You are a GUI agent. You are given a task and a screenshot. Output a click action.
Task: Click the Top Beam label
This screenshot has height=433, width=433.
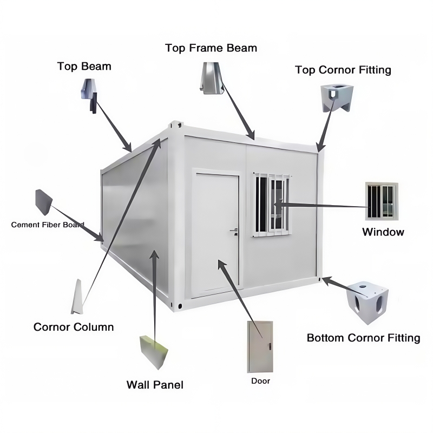coord(84,67)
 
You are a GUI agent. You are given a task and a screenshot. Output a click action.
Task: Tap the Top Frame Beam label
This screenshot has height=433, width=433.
coord(211,48)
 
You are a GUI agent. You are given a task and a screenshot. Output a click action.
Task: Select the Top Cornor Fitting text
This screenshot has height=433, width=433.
coord(343,70)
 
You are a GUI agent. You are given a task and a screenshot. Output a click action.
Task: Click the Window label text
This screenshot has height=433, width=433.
coord(383,232)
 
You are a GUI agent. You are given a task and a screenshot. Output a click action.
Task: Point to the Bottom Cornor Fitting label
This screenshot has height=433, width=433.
coord(363,338)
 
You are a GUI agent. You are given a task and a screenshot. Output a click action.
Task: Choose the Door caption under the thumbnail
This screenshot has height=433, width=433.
coord(260,381)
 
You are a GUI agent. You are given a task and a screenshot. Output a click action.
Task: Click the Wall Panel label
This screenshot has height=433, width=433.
coord(155,385)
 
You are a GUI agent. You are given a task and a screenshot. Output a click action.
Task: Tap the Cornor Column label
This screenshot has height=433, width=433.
coord(74,327)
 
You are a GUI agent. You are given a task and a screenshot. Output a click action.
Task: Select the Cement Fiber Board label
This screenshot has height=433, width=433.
coord(47,224)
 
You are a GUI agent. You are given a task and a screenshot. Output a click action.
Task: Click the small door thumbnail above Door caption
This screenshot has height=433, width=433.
coord(260,346)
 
